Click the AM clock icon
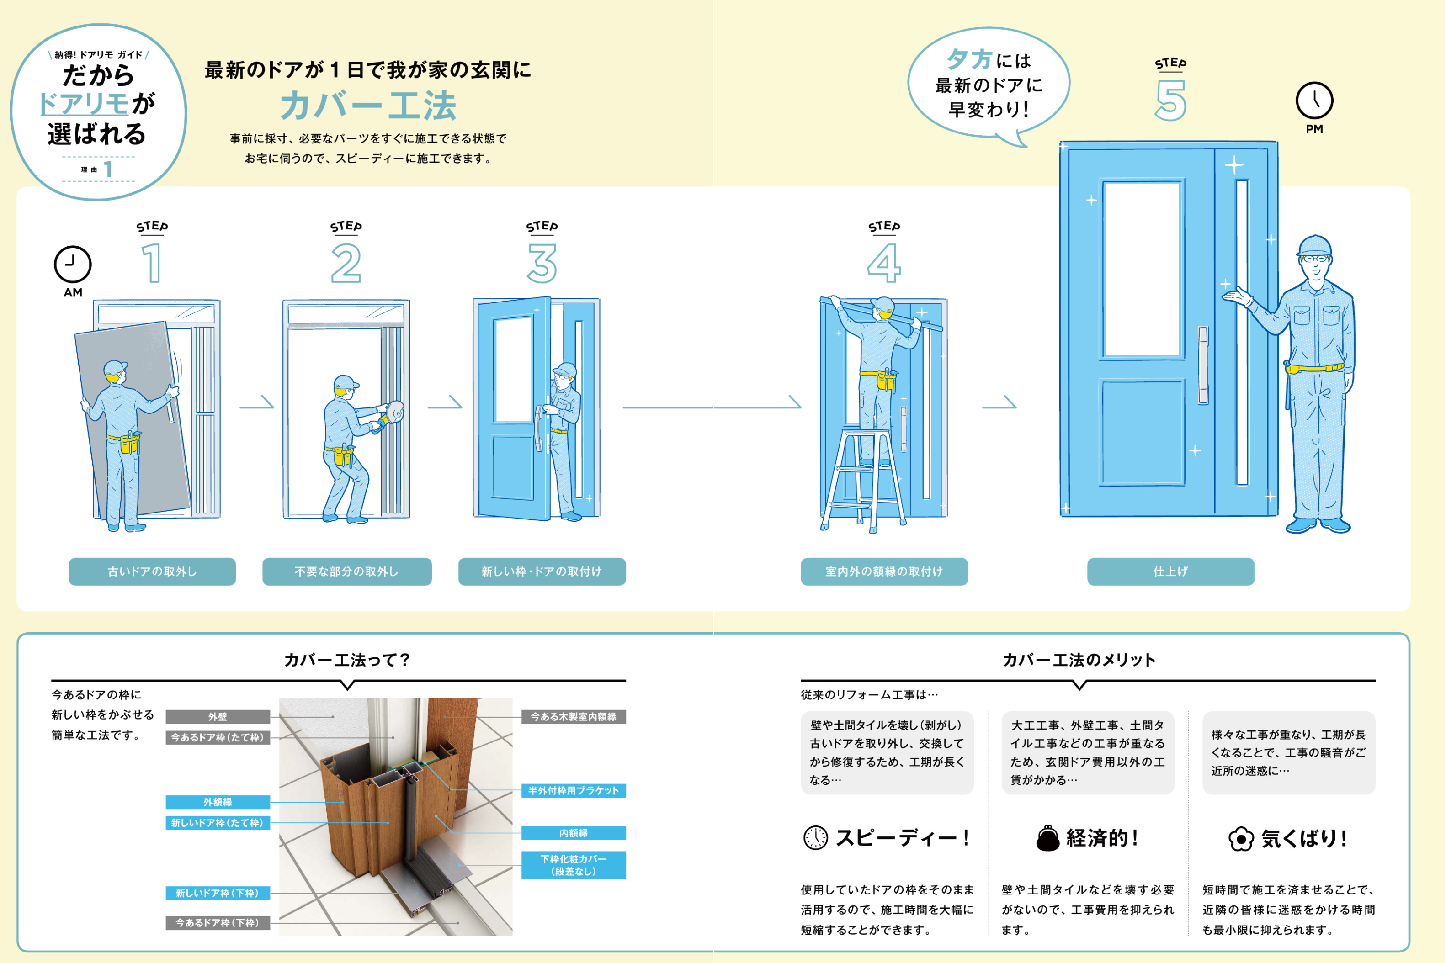click(x=73, y=264)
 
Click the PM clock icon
click(x=1314, y=100)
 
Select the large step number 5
click(x=1170, y=101)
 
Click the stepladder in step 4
click(x=862, y=479)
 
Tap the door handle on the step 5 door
click(x=1203, y=365)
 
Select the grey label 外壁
click(x=218, y=717)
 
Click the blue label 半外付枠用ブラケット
click(x=573, y=790)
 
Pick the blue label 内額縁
click(x=573, y=833)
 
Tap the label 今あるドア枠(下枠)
click(x=218, y=922)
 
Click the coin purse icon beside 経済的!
click(x=1047, y=838)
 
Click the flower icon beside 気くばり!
click(x=1240, y=839)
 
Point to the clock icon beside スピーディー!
click(x=815, y=838)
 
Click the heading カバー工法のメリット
click(x=1079, y=660)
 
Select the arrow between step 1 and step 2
click(x=257, y=403)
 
